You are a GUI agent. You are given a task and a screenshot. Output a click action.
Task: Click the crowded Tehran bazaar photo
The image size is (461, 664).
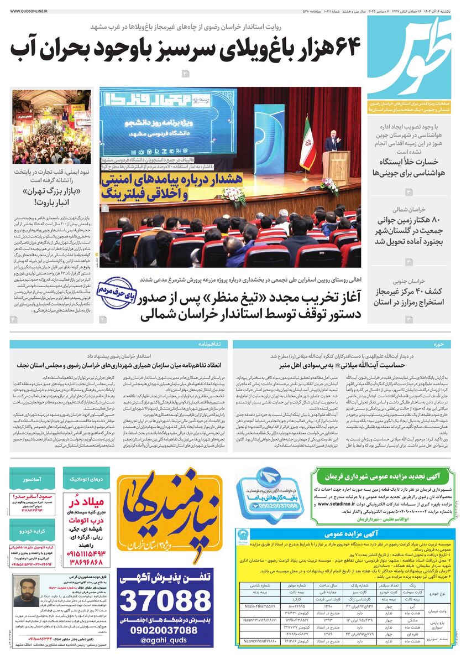point(51,127)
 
